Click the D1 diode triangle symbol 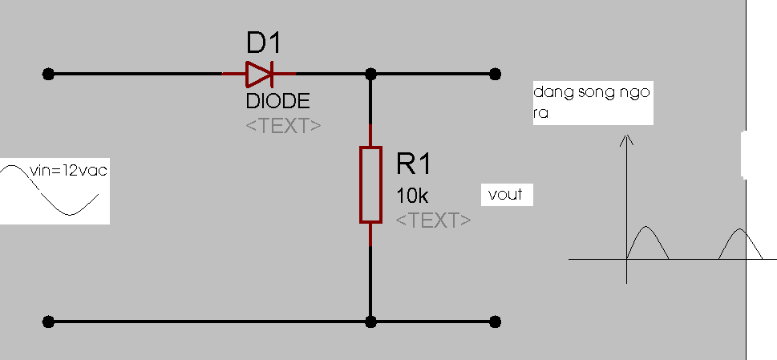click(x=260, y=75)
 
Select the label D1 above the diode click(x=264, y=42)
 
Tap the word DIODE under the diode click(x=278, y=101)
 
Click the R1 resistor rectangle click(x=370, y=184)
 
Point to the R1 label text click(x=414, y=164)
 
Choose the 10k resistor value click(x=412, y=196)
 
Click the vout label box click(x=507, y=195)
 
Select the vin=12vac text click(x=68, y=171)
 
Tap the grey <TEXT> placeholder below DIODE click(x=283, y=126)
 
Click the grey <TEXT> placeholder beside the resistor click(x=434, y=220)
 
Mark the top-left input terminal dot click(x=48, y=75)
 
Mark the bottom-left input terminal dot click(x=48, y=322)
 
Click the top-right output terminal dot click(x=495, y=75)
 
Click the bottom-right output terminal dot click(x=495, y=322)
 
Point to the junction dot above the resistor click(x=370, y=75)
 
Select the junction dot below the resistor click(x=370, y=322)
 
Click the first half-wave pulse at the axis click(x=646, y=227)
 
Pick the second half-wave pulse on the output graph click(x=740, y=229)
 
